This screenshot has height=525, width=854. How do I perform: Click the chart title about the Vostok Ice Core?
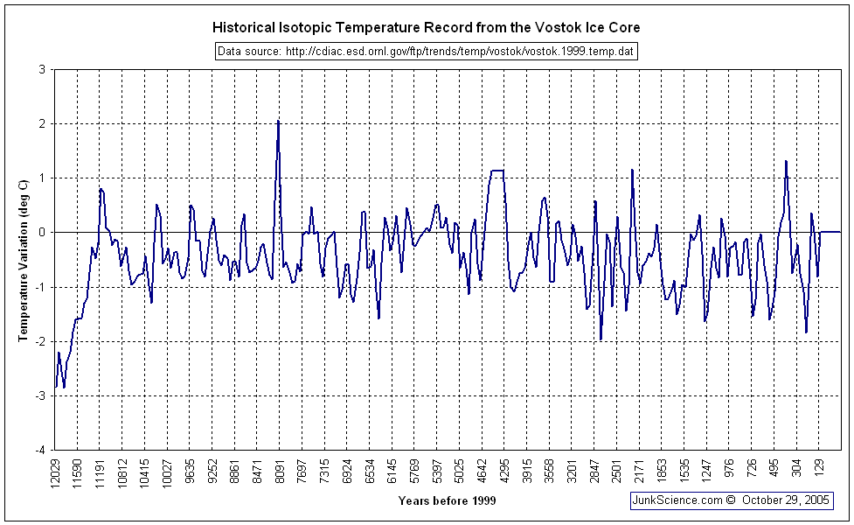(427, 28)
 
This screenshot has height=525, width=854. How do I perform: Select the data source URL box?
(426, 52)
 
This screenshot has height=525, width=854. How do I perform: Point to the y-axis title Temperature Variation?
(24, 258)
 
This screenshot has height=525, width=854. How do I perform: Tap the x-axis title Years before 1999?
(447, 500)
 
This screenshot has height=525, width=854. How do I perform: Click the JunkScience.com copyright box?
(731, 500)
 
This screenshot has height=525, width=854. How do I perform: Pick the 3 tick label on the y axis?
(41, 69)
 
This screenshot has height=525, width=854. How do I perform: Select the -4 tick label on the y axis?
(39, 450)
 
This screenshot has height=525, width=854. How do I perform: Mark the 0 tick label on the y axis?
(41, 233)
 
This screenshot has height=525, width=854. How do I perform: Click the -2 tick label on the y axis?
(39, 341)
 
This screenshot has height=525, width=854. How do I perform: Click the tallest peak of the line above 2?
(278, 122)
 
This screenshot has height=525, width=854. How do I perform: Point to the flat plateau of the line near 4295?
(497, 171)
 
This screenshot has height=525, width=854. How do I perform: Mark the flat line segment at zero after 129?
(830, 232)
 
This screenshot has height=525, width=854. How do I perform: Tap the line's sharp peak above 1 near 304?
(786, 162)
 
